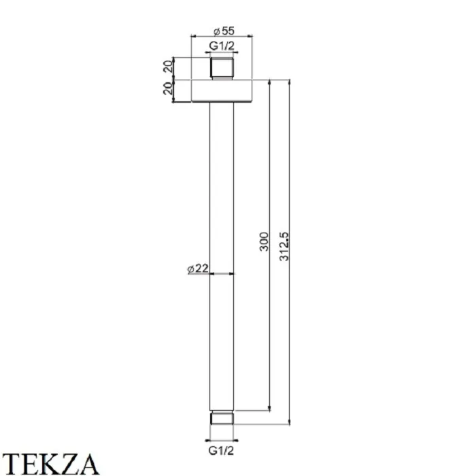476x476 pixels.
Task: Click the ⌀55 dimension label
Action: tap(224, 31)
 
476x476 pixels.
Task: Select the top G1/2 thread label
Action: tap(222, 46)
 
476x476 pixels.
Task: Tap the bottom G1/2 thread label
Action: tap(221, 451)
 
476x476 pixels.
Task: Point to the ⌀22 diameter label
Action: tap(198, 269)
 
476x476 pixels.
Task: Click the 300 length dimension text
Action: tap(264, 241)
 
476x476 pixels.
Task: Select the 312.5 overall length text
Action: tap(284, 246)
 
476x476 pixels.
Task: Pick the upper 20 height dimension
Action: tap(168, 66)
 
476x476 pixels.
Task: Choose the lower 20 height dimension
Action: tap(168, 88)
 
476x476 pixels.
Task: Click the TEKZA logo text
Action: tap(50, 464)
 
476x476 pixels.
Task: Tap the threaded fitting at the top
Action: tap(222, 68)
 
